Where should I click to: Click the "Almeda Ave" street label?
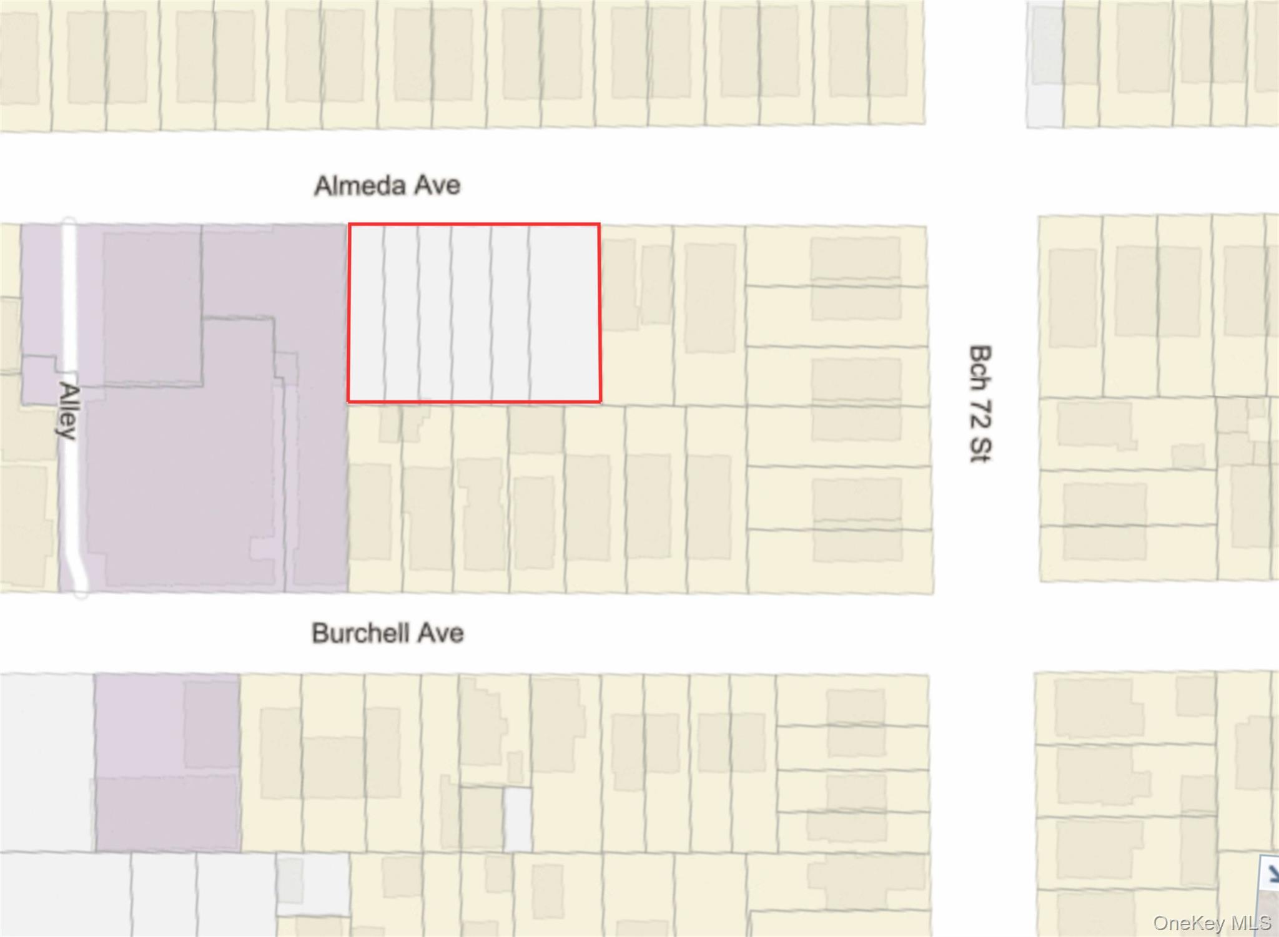coord(387,185)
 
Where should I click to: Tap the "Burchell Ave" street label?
coord(387,633)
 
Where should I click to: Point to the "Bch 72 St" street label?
coord(980,403)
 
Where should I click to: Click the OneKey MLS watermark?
coord(1212,923)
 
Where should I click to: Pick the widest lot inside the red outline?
coord(565,312)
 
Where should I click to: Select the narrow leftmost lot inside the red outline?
coord(367,312)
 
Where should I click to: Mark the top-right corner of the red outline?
coord(600,224)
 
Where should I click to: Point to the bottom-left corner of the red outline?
coord(349,401)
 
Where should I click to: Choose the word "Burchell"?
coord(360,633)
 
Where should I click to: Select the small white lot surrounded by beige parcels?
coord(518,820)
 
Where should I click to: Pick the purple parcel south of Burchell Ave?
coord(167,762)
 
